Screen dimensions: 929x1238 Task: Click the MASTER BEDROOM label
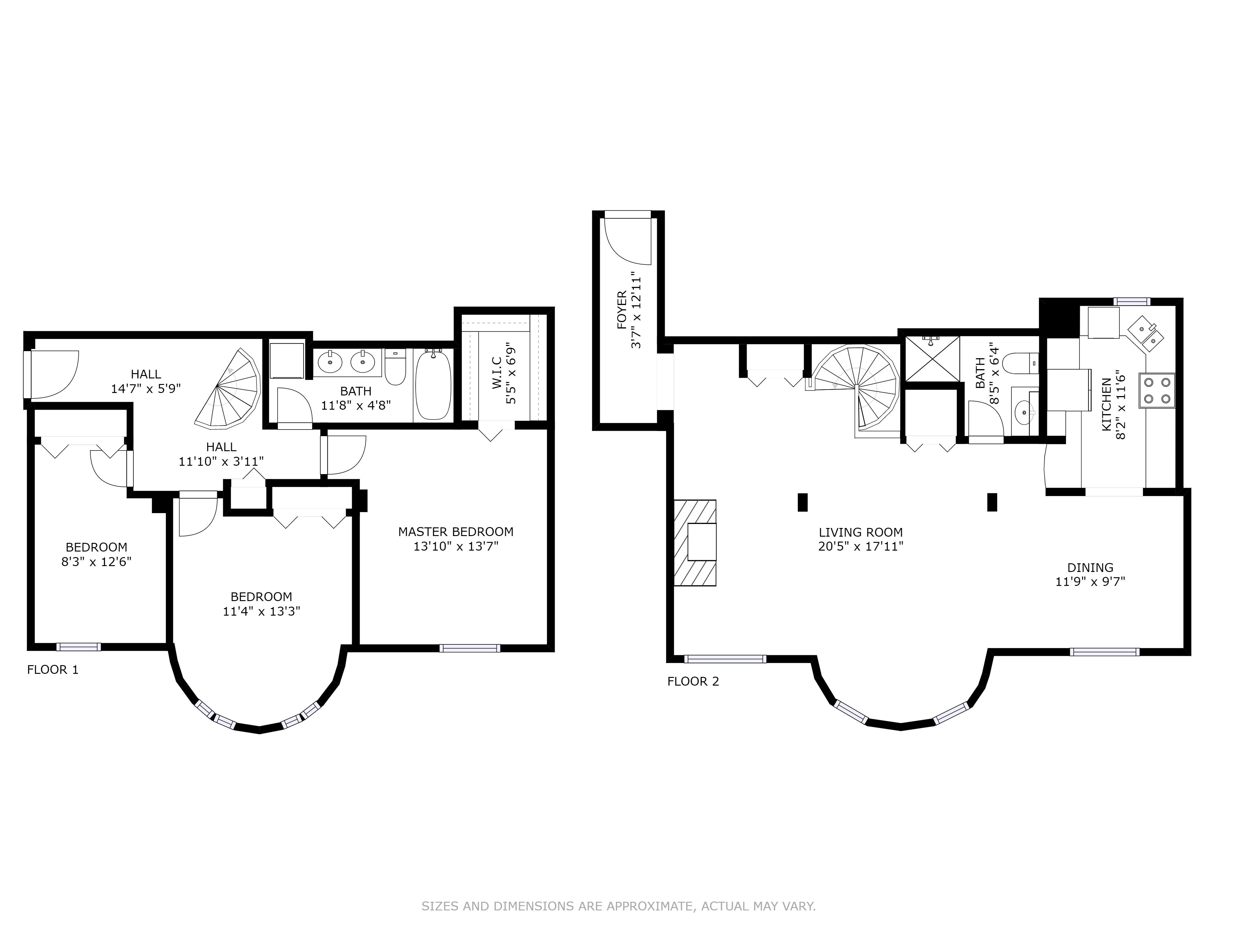[456, 531]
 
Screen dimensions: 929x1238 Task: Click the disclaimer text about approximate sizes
[618, 875]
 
